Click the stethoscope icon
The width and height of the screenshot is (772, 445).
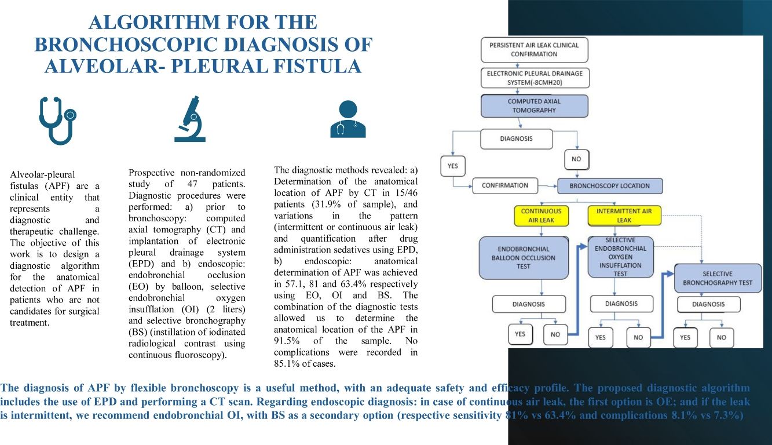click(57, 121)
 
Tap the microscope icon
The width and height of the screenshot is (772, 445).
click(190, 119)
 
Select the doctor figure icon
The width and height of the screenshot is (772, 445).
click(347, 119)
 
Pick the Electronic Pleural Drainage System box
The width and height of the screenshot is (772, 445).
click(535, 78)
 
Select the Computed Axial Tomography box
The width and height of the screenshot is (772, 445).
click(534, 106)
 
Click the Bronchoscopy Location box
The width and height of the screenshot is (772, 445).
click(609, 186)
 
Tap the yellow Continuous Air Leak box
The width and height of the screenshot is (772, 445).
click(541, 216)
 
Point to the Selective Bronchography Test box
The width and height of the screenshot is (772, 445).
click(718, 278)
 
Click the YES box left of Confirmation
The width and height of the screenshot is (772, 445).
click(453, 166)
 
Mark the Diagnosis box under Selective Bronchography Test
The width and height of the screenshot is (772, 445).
click(716, 304)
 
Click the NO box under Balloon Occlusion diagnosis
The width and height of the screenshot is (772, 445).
click(555, 334)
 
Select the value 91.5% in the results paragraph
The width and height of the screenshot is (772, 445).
click(287, 341)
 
